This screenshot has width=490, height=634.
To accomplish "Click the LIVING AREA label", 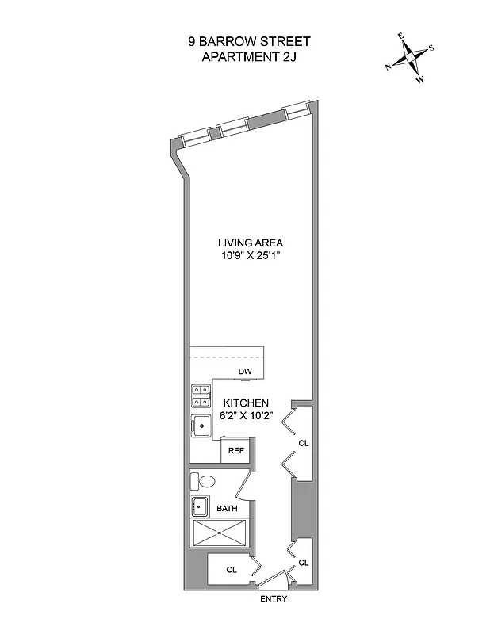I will point(251,243).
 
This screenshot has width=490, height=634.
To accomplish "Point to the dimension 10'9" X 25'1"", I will point(251,257).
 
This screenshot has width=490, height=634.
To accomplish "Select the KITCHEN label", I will point(251,403).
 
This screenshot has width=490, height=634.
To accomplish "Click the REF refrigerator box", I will point(235,450).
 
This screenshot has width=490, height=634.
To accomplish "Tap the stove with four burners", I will point(200,395).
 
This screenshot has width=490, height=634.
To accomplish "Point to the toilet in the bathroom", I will point(205,480).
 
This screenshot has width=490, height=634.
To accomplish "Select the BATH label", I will point(228,508).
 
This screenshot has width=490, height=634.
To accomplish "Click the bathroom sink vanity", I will point(200,508).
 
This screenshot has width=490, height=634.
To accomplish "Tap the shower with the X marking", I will point(220,532).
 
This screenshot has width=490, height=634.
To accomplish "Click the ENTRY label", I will point(274,598).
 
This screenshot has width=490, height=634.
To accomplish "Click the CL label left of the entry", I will point(232,569).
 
